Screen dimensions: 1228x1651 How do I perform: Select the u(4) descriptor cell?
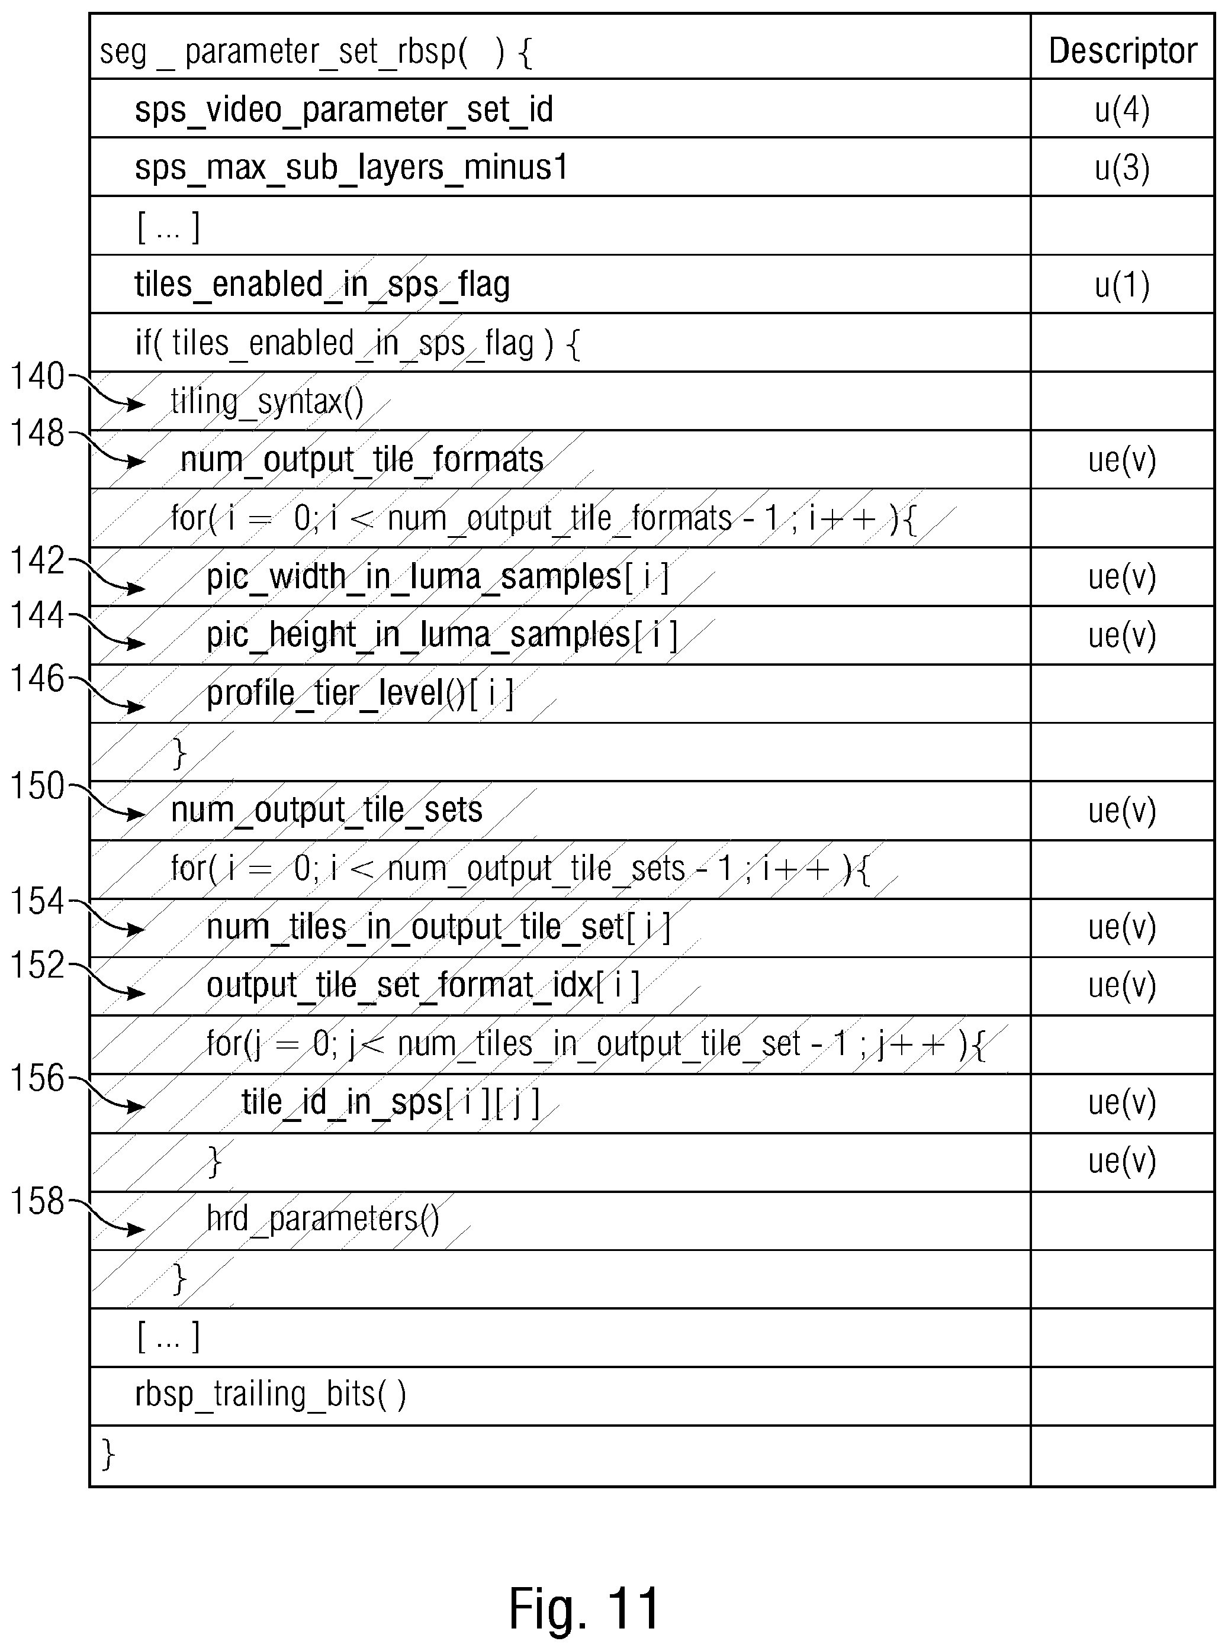1123,110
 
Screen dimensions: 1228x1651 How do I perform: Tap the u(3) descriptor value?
1123,168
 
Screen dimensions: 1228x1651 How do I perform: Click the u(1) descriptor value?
1123,285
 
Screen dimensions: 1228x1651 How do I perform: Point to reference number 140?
37,377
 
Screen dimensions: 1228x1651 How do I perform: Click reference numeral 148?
37,433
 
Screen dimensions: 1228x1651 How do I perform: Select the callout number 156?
37,1078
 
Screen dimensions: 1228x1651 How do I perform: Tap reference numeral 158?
37,1201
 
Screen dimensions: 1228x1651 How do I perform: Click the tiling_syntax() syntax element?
268,402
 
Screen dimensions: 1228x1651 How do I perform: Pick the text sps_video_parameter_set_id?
343,110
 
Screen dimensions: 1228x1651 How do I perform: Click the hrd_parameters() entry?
323,1219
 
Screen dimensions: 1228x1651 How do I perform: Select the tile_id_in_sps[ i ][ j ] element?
391,1102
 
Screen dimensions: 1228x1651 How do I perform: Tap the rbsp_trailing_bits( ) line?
271,1395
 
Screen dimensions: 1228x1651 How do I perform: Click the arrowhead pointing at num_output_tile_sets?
136,814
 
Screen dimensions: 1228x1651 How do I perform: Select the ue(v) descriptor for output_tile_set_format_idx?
1123,986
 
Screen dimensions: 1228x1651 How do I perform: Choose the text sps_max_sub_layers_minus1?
351,168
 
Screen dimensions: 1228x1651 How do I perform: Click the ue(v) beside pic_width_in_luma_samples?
1123,578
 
